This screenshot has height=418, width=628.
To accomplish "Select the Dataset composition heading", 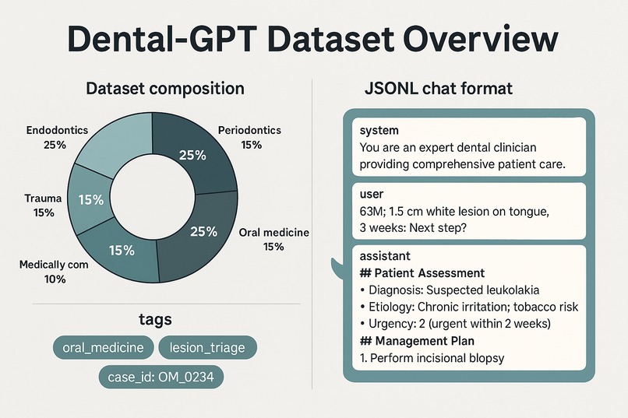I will click(164, 88).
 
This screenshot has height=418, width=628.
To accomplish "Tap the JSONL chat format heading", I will click(439, 88).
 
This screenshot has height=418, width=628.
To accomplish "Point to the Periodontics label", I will click(249, 131).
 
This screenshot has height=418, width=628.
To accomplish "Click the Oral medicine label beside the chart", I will click(273, 233).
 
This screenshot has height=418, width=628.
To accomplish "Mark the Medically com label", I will click(54, 265).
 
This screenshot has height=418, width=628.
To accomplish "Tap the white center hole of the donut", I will click(151, 195).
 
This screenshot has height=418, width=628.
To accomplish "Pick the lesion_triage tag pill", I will click(207, 347).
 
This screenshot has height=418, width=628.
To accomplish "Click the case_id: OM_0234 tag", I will click(161, 378).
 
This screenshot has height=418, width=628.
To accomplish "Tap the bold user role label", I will click(372, 194).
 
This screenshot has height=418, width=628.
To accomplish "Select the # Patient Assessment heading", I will click(422, 273).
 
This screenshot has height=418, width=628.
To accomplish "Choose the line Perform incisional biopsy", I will click(432, 358).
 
